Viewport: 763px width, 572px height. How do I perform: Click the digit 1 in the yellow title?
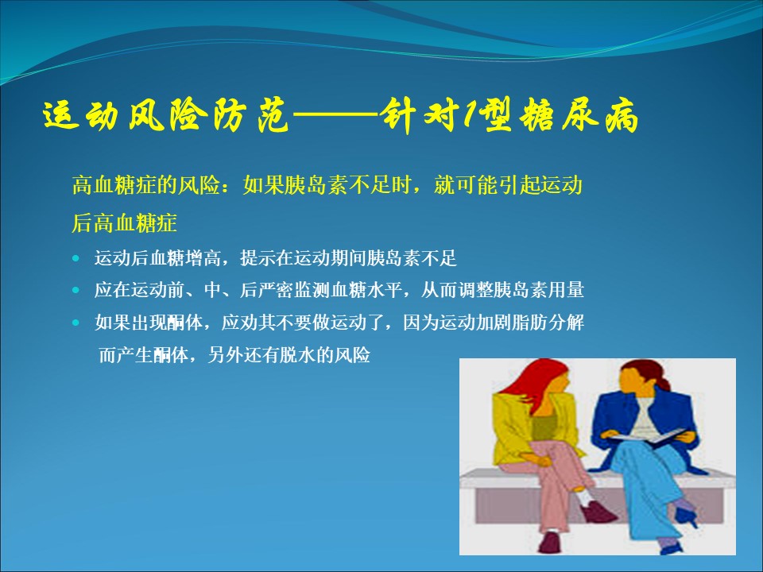[470, 117]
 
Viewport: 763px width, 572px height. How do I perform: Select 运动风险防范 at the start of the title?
[166, 118]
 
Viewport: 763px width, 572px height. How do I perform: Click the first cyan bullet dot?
[76, 258]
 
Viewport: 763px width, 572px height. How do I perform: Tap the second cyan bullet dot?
[76, 291]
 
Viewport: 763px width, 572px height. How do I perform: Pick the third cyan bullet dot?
[76, 323]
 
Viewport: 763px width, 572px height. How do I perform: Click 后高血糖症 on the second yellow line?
[124, 222]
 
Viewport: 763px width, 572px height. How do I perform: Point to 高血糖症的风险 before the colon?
[145, 185]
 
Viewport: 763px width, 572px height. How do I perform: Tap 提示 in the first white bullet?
[258, 257]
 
